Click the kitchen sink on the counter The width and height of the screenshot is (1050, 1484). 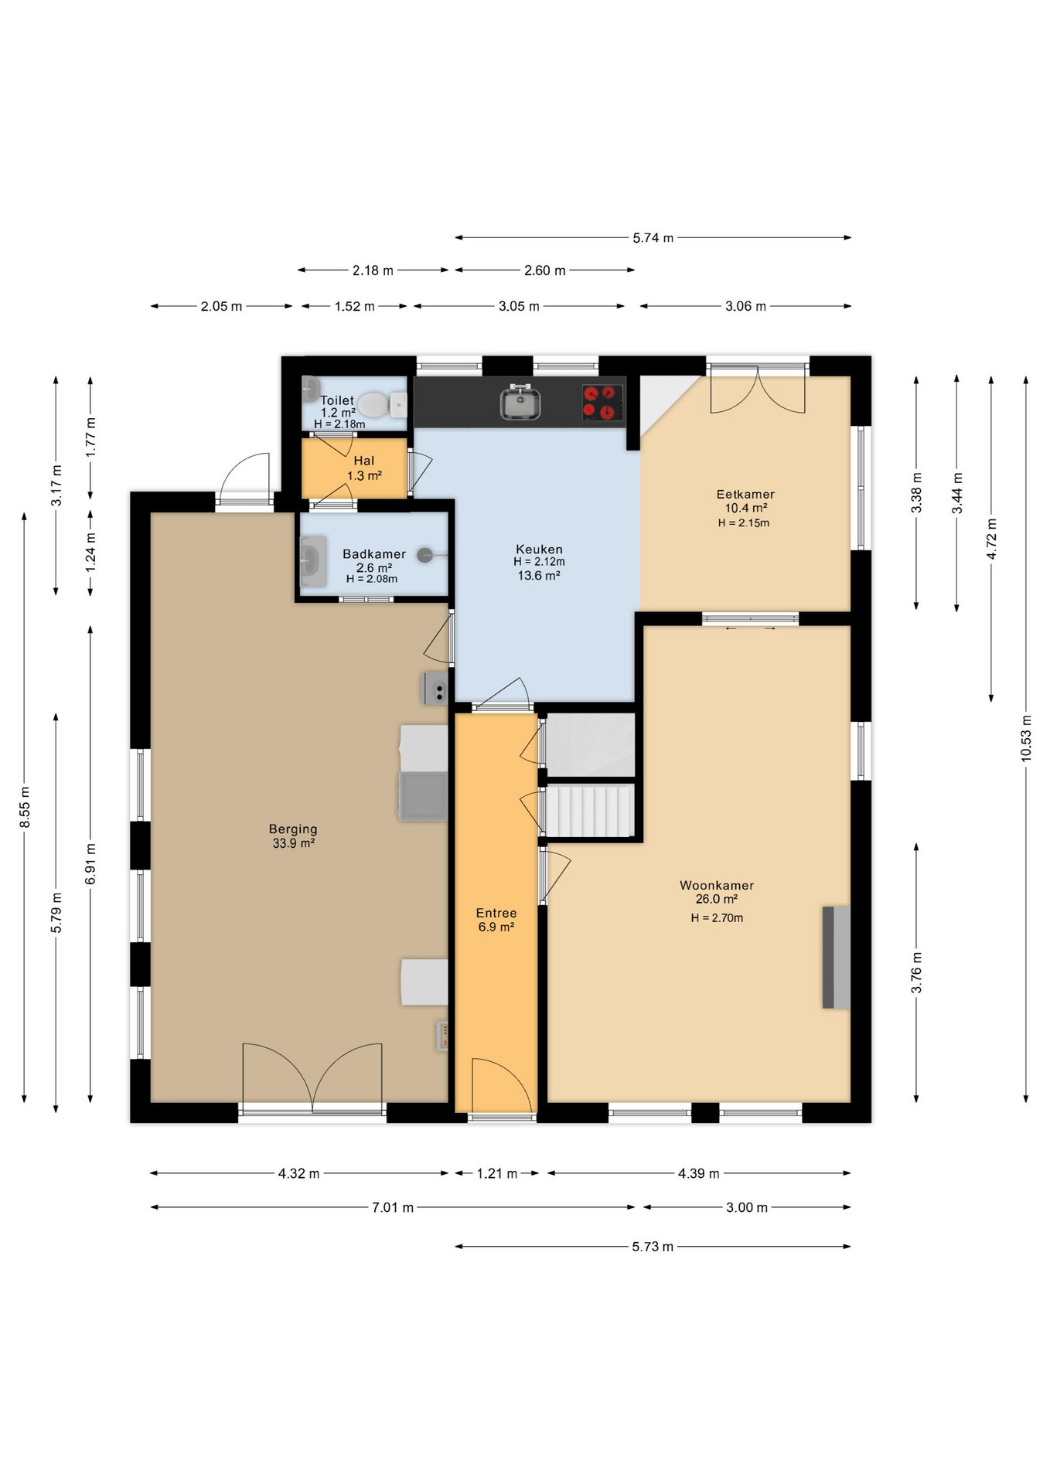[520, 402]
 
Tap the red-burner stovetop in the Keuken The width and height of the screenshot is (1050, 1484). [602, 403]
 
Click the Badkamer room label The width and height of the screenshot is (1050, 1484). [374, 554]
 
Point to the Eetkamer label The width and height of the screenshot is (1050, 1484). [745, 495]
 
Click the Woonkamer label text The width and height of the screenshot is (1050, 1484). [717, 886]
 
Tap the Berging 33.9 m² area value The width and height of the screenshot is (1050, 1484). [294, 843]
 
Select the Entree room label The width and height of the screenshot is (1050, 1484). [496, 913]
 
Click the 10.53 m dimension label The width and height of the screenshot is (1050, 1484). [1026, 738]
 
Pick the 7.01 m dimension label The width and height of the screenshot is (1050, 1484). [393, 1207]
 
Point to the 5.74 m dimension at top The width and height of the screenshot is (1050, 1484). [653, 238]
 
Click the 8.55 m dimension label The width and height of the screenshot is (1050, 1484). [25, 807]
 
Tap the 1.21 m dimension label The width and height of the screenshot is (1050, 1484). [496, 1173]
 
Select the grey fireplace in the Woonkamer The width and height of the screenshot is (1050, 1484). [836, 957]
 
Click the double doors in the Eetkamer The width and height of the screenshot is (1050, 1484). [758, 390]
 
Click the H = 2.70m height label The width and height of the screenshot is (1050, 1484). [717, 918]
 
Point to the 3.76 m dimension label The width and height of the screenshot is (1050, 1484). [916, 973]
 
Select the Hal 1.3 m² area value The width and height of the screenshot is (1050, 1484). [364, 476]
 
